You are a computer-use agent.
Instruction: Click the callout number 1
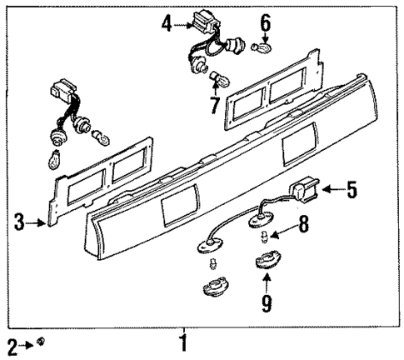[184, 342]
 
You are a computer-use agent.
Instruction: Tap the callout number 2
[12, 344]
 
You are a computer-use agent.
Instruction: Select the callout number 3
[17, 222]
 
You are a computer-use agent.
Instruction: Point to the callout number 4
[167, 24]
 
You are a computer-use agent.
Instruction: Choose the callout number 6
[266, 23]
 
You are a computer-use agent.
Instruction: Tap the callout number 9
[267, 304]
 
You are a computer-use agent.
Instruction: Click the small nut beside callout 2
[41, 342]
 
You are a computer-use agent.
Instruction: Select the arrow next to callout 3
[36, 222]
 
